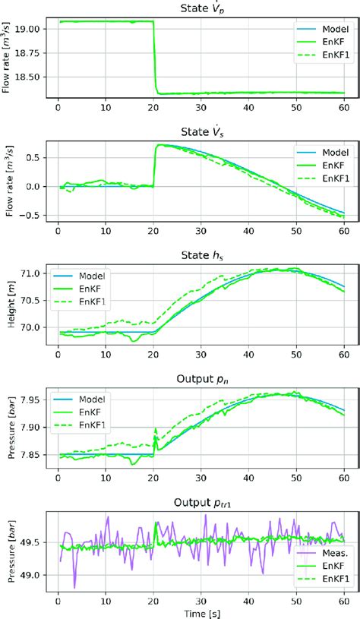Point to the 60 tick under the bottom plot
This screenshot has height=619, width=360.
click(x=343, y=598)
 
